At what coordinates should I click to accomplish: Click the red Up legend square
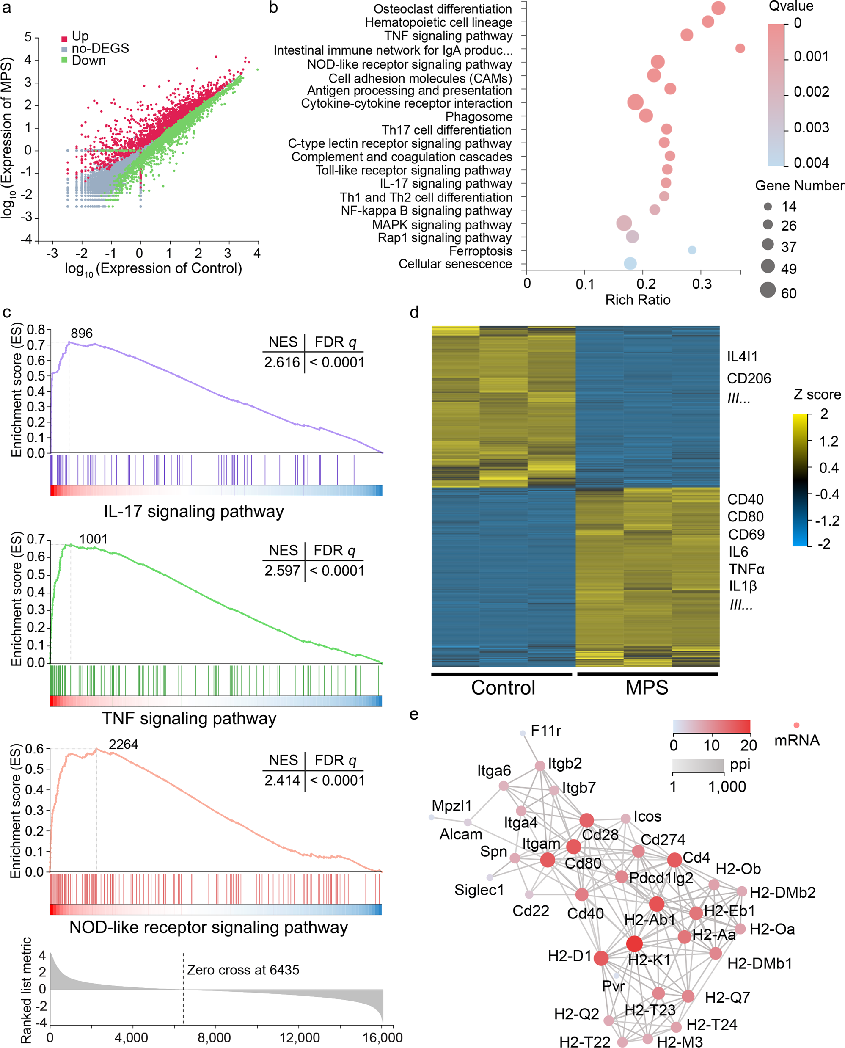[64, 39]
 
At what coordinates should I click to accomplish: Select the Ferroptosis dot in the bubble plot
[692, 250]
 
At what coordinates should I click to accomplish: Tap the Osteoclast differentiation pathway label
[443, 9]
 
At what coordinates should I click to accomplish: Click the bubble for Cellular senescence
[630, 263]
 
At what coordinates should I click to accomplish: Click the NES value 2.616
[282, 362]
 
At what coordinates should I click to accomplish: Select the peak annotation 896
[81, 334]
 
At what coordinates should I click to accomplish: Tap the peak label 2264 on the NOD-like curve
[123, 744]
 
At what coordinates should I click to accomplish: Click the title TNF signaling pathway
[189, 718]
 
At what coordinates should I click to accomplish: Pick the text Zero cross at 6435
[243, 970]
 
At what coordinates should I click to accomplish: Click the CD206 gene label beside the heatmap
[749, 379]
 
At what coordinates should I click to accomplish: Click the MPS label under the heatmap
[647, 688]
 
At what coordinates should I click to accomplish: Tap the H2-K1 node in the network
[634, 944]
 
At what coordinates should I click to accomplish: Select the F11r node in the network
[523, 733]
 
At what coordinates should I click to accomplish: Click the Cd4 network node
[674, 860]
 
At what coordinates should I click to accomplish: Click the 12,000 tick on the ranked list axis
[300, 1038]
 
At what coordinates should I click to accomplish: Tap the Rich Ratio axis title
[638, 300]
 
